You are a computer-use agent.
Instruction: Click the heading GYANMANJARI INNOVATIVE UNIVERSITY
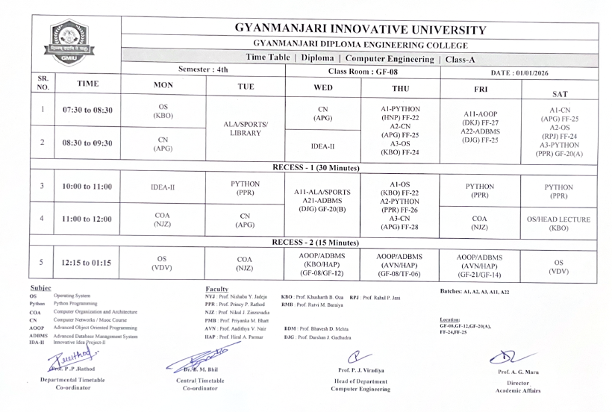[360, 30]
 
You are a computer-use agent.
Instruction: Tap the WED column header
[322, 87]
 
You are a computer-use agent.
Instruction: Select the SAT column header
[558, 94]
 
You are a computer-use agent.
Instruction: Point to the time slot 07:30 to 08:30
[87, 110]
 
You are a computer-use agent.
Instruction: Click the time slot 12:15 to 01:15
[87, 262]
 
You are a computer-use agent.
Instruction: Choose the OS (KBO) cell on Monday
[163, 110]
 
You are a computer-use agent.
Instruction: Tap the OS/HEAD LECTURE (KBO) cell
[558, 224]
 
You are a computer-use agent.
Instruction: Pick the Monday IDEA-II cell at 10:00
[163, 187]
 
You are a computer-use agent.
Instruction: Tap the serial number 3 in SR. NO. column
[42, 186]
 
